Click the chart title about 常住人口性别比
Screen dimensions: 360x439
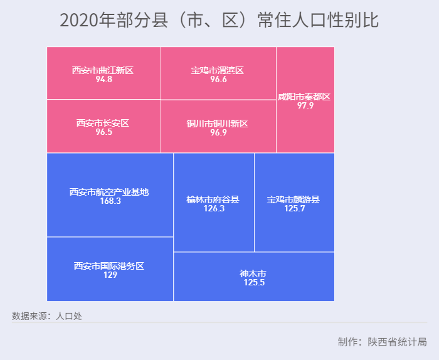pos(219,21)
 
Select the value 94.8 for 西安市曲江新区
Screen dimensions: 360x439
pos(104,80)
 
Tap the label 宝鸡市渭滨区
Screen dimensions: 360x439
pos(218,70)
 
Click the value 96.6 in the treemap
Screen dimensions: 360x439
pos(218,80)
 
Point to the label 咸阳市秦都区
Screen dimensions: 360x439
pos(305,97)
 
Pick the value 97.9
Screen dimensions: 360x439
pos(305,106)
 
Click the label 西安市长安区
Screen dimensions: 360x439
pos(103,123)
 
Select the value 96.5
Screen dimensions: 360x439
pos(103,132)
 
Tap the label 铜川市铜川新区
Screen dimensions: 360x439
pos(218,124)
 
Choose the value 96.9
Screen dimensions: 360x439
pos(218,133)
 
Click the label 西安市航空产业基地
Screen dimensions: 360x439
pos(110,192)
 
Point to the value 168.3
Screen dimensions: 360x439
pos(110,201)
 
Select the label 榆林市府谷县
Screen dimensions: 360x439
pos(213,199)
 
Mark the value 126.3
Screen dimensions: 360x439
pos(214,209)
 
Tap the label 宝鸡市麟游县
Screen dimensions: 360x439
pos(294,199)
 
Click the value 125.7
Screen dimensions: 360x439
pos(294,209)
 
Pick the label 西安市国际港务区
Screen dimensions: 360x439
pos(110,266)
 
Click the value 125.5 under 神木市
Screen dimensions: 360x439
pos(254,283)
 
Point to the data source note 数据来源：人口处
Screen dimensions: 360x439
pos(47,316)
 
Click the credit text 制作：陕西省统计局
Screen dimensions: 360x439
pos(382,342)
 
